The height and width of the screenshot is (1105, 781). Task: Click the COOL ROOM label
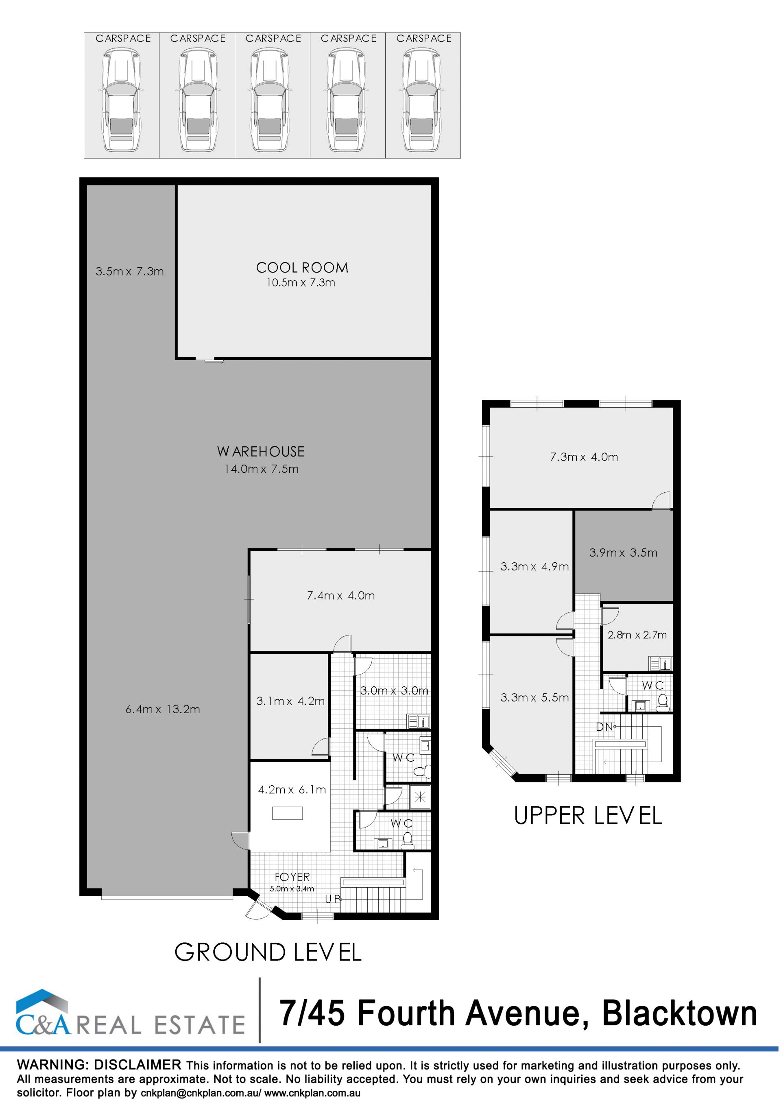tap(302, 268)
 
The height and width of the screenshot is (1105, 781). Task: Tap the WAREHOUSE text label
tap(261, 452)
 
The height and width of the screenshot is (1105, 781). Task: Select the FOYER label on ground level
tap(292, 877)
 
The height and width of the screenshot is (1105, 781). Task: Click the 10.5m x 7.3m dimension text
tap(301, 282)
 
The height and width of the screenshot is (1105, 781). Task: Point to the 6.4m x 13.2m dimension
tap(163, 709)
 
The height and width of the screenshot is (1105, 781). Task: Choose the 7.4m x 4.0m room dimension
tap(341, 595)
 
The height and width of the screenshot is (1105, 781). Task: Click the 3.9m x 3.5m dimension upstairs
tap(623, 552)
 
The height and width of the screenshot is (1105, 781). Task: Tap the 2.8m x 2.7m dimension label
tap(637, 635)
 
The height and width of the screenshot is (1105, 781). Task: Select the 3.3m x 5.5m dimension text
tap(534, 697)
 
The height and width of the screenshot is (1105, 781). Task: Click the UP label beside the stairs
tap(332, 899)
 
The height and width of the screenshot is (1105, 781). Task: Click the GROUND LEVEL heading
tap(268, 952)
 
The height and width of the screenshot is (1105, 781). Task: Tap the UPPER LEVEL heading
tap(588, 816)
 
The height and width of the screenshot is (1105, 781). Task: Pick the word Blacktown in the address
tap(679, 1013)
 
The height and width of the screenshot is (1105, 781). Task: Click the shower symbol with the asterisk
tap(420, 797)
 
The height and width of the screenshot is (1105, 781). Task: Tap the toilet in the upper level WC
tap(662, 702)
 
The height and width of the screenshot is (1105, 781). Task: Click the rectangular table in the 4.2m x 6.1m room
tap(287, 813)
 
